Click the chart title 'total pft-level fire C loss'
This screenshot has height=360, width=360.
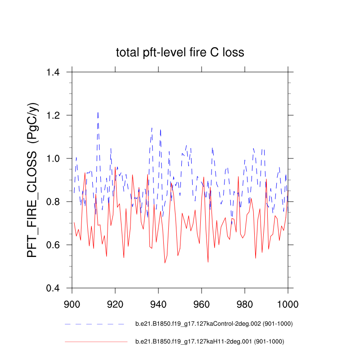[x=180, y=53]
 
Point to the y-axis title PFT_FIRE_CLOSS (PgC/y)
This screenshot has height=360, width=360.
[x=33, y=180]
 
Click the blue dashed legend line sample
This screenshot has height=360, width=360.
[x=94, y=324]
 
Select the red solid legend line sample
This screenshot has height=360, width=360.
[x=96, y=342]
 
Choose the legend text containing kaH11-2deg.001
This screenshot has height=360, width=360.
[x=210, y=342]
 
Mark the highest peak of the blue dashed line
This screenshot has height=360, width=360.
[x=98, y=112]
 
